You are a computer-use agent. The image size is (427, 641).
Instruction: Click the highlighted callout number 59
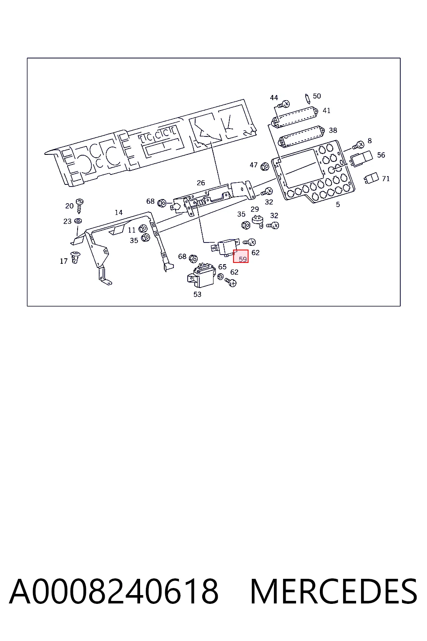(243, 259)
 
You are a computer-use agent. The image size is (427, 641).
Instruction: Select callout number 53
(197, 295)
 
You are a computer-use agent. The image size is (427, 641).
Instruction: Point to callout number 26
(201, 183)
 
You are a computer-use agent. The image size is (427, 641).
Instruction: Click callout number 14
(119, 212)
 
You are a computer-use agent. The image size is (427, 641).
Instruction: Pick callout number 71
(386, 179)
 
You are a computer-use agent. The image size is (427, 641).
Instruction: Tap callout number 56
(381, 155)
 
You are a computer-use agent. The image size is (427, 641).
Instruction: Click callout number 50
(317, 96)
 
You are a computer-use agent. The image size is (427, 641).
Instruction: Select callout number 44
(274, 98)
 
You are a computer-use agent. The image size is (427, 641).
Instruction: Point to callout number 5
(338, 204)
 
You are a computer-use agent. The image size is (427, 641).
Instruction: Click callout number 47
(254, 165)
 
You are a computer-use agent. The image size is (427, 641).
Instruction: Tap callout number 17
(63, 261)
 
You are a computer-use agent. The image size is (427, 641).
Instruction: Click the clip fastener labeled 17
(75, 257)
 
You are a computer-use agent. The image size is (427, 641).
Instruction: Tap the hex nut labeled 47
(265, 166)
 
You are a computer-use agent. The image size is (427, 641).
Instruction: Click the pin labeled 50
(307, 99)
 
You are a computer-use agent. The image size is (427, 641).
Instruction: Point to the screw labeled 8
(358, 146)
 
